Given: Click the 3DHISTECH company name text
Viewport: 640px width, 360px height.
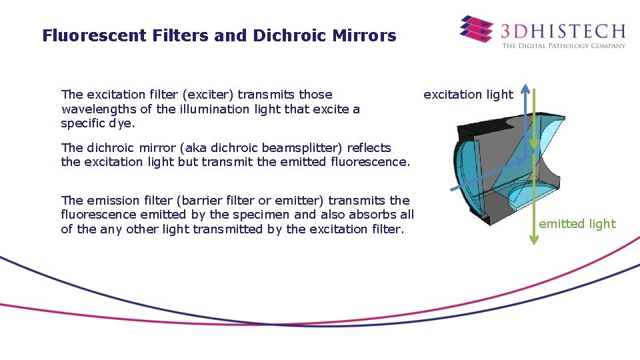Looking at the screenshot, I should coord(563,31).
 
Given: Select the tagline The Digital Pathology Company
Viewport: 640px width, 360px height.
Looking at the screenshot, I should coord(563,46).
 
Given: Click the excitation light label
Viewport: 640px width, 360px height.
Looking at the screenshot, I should coord(468,95).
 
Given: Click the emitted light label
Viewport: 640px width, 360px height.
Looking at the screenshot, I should coord(577,224).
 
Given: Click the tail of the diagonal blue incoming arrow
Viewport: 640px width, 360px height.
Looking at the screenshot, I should coord(453,191).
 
